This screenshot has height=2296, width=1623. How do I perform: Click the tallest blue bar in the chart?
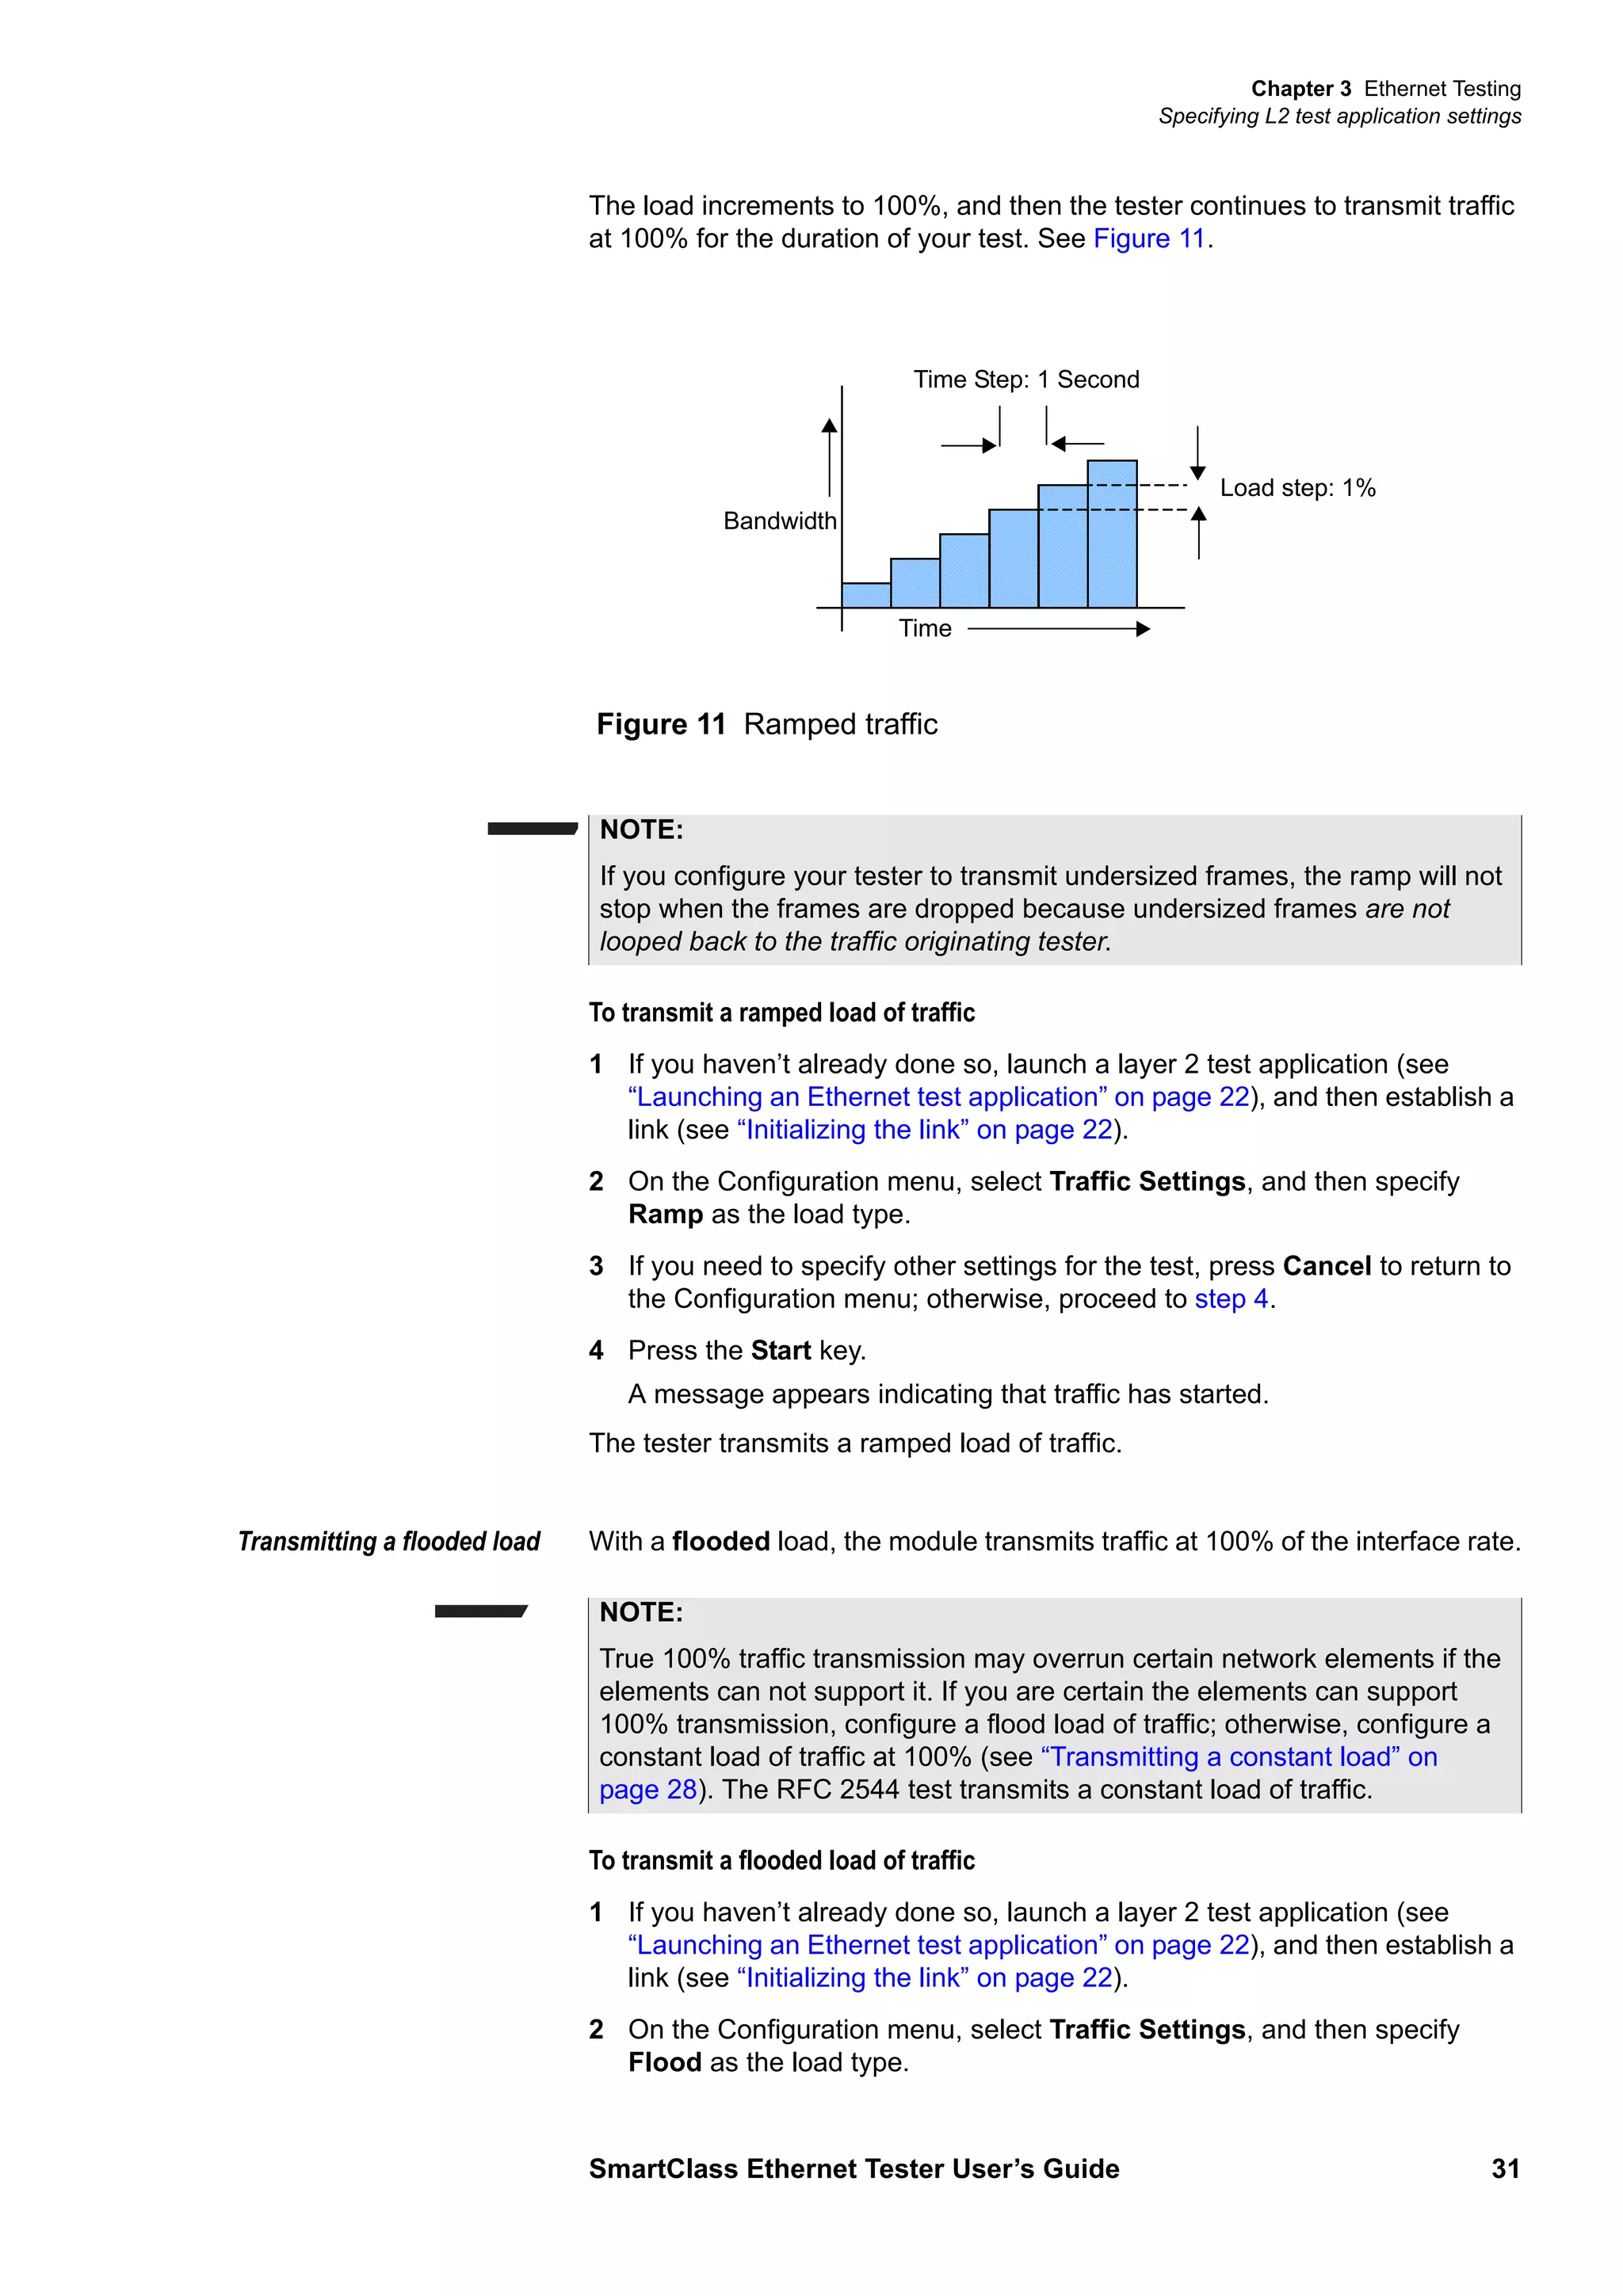(1111, 534)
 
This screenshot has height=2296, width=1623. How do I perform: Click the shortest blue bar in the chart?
(865, 595)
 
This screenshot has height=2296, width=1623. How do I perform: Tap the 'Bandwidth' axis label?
(779, 521)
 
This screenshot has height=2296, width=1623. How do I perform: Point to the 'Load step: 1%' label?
(1297, 488)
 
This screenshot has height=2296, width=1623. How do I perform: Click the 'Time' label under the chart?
(924, 629)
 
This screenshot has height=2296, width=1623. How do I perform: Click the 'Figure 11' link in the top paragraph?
(1148, 239)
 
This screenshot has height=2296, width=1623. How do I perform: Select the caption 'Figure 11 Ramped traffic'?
(766, 724)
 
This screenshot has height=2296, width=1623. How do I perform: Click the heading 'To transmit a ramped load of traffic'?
(781, 1013)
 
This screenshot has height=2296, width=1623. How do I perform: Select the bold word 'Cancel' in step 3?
(1326, 1266)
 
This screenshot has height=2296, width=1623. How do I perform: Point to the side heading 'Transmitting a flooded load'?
(388, 1542)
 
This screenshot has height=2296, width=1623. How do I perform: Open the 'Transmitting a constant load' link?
(1238, 1757)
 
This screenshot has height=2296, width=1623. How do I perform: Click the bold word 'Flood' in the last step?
(664, 2063)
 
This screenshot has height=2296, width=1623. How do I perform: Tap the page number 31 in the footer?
(1505, 2169)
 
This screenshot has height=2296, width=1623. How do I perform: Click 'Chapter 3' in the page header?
(1300, 89)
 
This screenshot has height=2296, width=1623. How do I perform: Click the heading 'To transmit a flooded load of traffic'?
(781, 1861)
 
